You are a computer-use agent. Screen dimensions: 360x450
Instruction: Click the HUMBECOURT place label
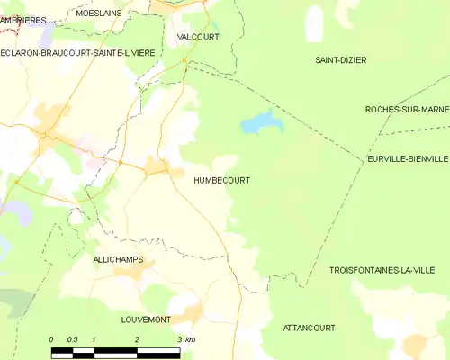[221, 180]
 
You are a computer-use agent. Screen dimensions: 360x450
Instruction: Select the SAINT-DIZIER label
[340, 60]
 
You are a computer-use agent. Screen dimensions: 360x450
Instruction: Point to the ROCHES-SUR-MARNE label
[407, 109]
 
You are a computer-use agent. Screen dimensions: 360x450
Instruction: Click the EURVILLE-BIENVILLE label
[408, 158]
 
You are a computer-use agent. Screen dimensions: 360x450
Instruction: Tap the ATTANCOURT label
[310, 328]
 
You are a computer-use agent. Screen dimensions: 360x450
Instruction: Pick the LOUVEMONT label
[147, 319]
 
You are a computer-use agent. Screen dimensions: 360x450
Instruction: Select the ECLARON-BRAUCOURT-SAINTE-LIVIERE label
[78, 53]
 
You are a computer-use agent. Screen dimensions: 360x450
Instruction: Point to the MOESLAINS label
[99, 14]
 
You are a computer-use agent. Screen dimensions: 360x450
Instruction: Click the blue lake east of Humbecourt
[259, 121]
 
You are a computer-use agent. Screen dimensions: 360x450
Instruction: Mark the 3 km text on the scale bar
[185, 338]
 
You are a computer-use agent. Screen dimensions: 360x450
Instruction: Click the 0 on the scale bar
[52, 338]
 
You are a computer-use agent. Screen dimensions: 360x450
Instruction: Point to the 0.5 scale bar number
[72, 338]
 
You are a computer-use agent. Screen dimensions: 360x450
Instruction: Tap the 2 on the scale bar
[136, 338]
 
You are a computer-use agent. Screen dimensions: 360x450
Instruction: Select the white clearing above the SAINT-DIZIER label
[314, 23]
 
